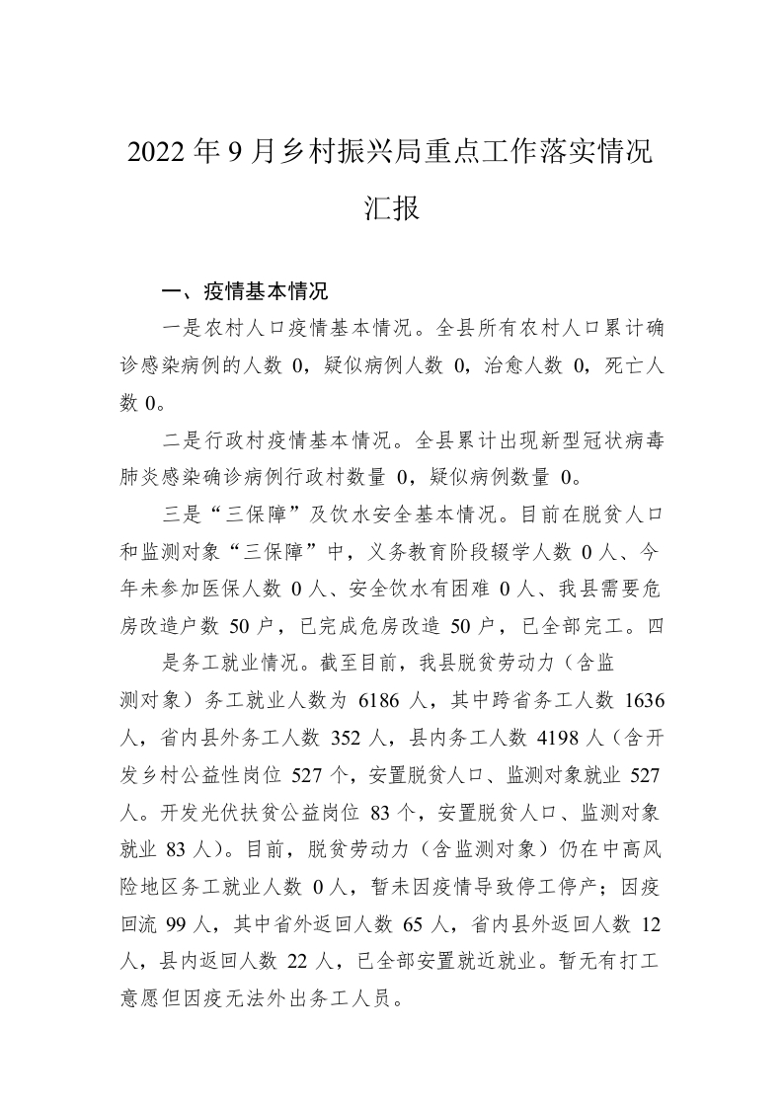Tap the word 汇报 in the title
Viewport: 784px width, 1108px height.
[392, 209]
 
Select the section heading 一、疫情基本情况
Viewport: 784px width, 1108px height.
[245, 292]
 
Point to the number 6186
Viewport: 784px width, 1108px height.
[376, 700]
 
